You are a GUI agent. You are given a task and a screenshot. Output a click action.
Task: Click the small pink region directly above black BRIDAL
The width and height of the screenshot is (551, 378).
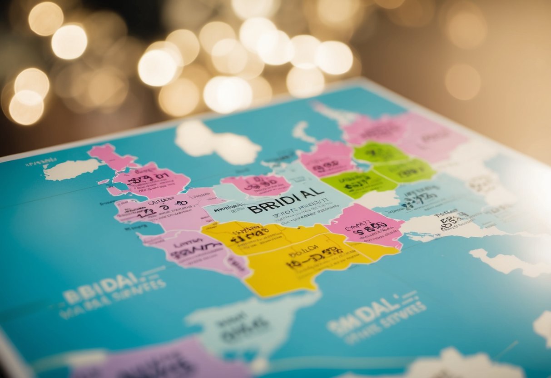pos(257,184)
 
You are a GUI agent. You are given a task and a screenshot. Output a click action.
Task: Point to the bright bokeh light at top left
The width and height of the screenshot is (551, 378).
pos(69,42)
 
